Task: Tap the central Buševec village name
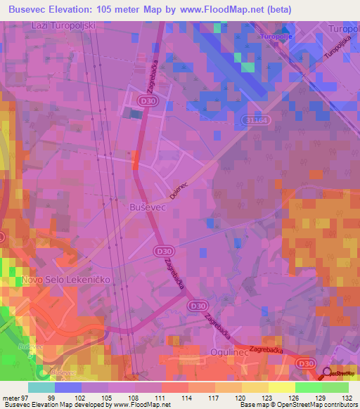pos(129,208)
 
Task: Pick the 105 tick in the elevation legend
pos(108,397)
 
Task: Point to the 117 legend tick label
pos(215,397)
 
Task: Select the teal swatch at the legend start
pos(41,387)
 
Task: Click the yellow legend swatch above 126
pos(282,387)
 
